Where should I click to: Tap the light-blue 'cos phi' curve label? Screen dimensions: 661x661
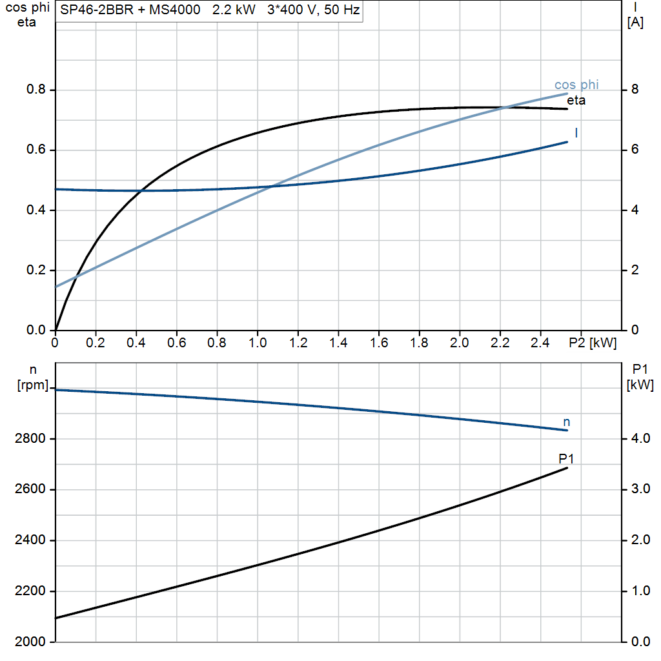(576, 85)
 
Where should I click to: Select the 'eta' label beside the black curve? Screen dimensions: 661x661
(576, 100)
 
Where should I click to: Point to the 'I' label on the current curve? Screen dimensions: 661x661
(576, 133)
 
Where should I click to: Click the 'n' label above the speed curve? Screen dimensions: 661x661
(567, 422)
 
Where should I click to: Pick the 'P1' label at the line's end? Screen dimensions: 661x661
(567, 459)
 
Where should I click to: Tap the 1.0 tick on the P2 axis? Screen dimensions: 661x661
(258, 343)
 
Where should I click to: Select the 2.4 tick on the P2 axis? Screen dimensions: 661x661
(541, 343)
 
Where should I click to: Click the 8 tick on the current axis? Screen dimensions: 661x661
(635, 90)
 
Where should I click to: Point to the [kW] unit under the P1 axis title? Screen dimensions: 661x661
(640, 385)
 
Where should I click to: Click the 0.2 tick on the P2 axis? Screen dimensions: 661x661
(96, 343)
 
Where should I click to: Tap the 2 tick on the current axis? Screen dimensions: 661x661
(635, 270)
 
